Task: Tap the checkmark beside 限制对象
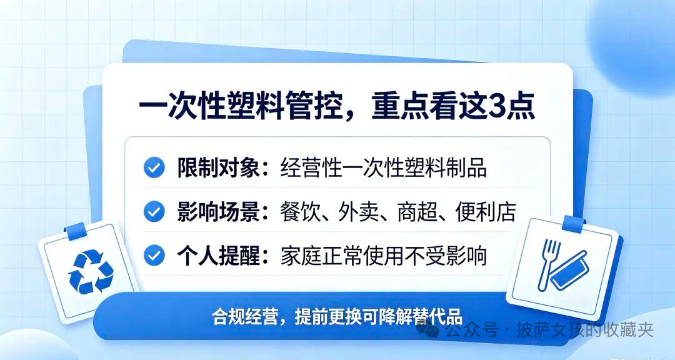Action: (154, 167)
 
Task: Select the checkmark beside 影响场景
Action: (154, 211)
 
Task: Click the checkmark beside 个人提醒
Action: (154, 256)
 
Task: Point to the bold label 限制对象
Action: (218, 167)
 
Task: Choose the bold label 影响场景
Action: (218, 211)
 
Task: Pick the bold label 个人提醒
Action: (218, 256)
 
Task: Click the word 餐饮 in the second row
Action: (301, 211)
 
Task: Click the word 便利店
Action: (486, 211)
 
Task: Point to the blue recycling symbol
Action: (91, 272)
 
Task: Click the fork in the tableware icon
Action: (548, 264)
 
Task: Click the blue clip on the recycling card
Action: (75, 231)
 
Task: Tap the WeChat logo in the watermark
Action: (427, 330)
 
